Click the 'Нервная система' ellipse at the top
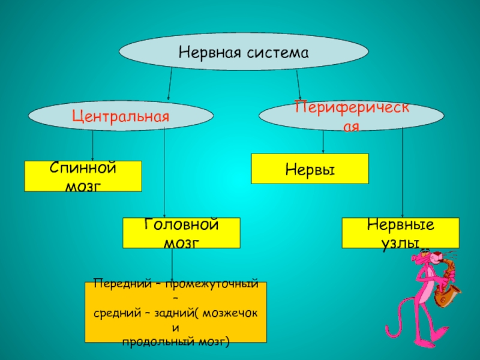[243, 52]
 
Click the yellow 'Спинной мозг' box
[83, 176]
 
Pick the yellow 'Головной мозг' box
[181, 233]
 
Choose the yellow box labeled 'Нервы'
[310, 169]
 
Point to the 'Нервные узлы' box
[400, 233]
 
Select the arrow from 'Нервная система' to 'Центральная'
[170, 83]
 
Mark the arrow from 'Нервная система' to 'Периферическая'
[298, 84]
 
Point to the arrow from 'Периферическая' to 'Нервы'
[324, 142]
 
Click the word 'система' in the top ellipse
[277, 52]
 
